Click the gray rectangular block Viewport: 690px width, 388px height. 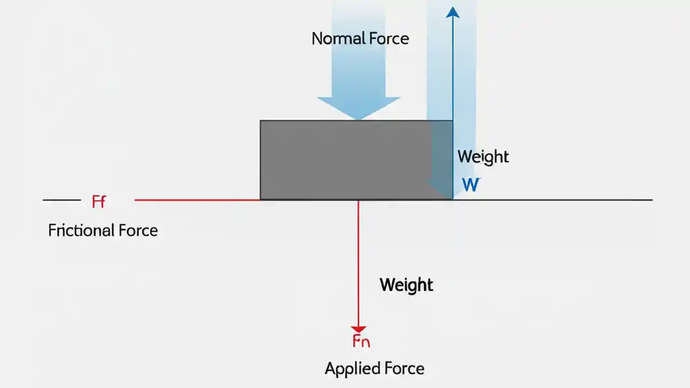(x=345, y=160)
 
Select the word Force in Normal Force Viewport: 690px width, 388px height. (x=387, y=39)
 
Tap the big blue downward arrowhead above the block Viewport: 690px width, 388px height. (x=358, y=107)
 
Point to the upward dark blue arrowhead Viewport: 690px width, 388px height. (x=453, y=12)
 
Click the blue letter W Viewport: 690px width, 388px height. (x=471, y=185)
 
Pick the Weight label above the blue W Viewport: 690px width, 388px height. (x=483, y=157)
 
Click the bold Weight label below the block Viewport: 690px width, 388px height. (x=406, y=285)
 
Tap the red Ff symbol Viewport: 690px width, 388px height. (x=99, y=202)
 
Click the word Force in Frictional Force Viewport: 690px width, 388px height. (x=136, y=231)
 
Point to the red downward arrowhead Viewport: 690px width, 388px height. (x=358, y=329)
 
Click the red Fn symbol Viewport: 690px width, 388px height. (x=361, y=341)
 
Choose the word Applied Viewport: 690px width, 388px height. (x=348, y=369)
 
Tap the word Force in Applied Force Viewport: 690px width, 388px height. (x=403, y=369)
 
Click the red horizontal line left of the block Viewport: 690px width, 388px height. (x=197, y=200)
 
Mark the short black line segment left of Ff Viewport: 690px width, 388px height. (x=61, y=200)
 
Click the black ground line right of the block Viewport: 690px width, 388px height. (x=550, y=200)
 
